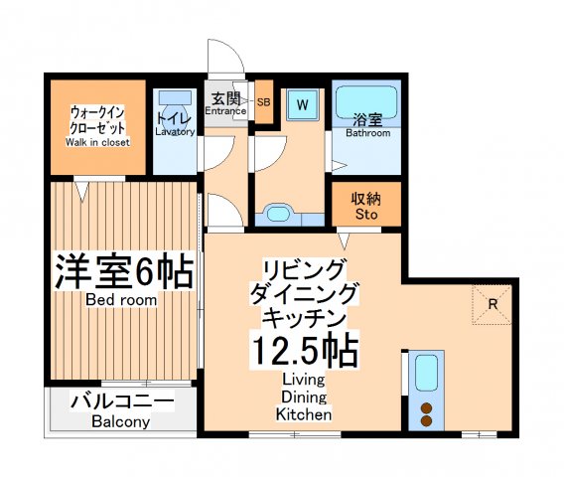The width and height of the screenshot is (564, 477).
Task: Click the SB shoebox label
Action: click(264, 101)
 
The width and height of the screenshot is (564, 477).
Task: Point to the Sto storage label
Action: click(366, 214)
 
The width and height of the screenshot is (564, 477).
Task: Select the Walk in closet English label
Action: click(98, 142)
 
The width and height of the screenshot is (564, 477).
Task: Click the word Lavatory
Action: click(175, 132)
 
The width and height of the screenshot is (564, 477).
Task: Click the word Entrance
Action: click(225, 110)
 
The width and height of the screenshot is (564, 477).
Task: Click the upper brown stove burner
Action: click(428, 407)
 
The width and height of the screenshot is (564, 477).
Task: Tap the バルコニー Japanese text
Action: click(123, 402)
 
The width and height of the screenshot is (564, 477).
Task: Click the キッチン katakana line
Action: click(304, 318)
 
